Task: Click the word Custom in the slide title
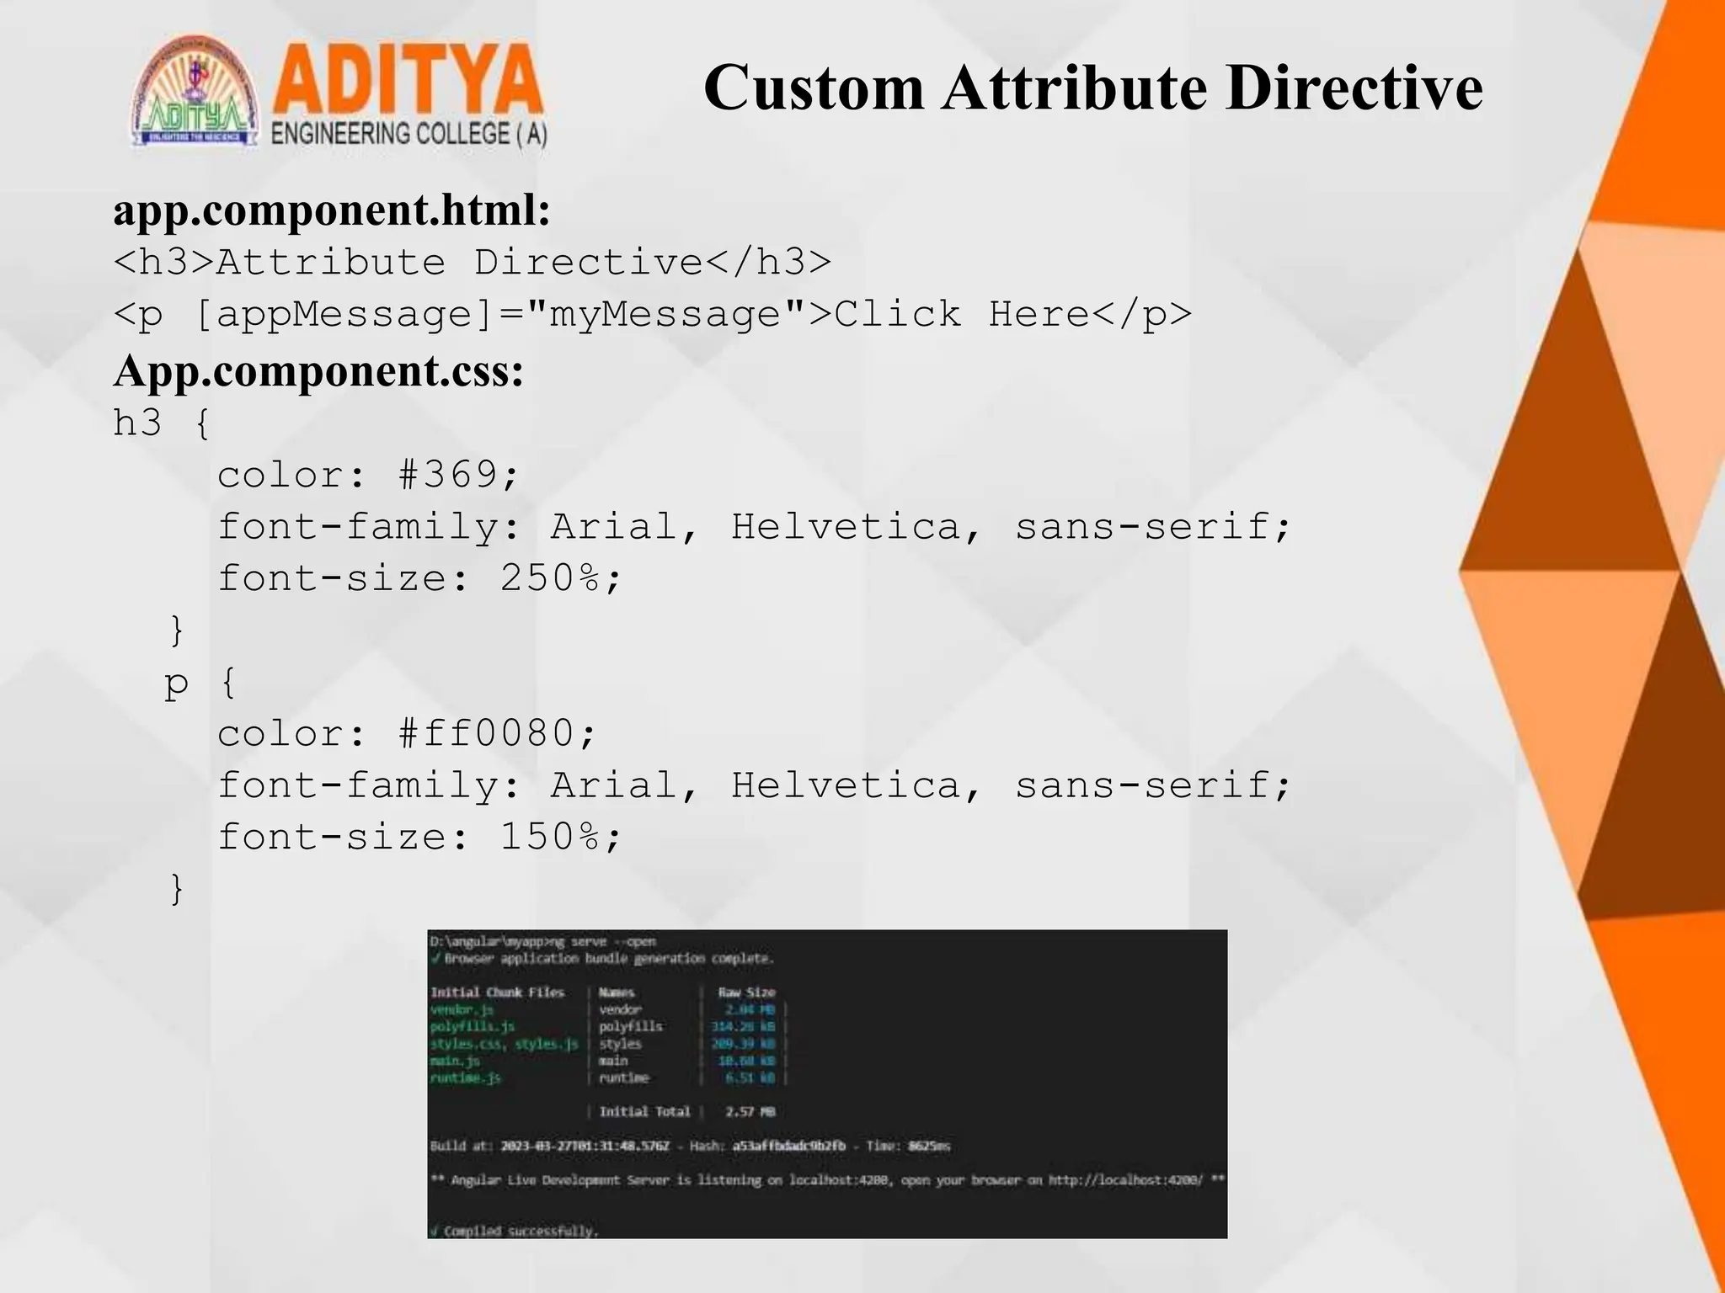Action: [x=813, y=88]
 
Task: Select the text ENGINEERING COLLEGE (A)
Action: [x=409, y=135]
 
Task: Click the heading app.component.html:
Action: [x=332, y=210]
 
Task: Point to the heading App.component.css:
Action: [x=318, y=370]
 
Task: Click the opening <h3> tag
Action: [x=164, y=263]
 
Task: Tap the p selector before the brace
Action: [x=176, y=683]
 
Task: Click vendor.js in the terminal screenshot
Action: [x=462, y=1009]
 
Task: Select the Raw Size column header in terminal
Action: [x=745, y=992]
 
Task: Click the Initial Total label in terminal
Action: [x=644, y=1111]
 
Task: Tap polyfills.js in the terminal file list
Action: [x=472, y=1026]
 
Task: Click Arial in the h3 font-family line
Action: [x=613, y=527]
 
